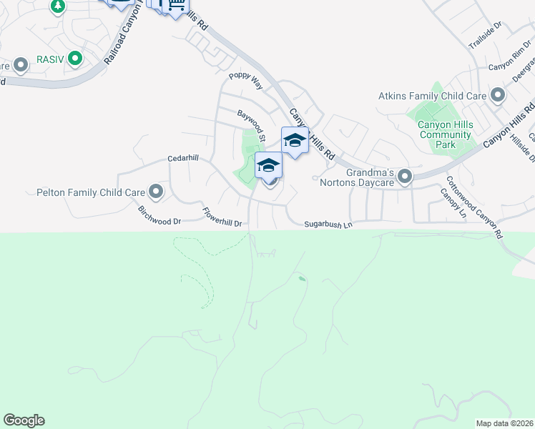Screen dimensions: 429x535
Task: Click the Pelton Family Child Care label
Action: point(89,192)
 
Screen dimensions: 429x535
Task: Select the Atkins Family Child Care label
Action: point(432,96)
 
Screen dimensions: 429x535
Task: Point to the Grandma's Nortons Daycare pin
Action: point(406,176)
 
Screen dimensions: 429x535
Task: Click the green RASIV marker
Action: point(74,59)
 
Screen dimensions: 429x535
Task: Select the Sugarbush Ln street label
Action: point(329,225)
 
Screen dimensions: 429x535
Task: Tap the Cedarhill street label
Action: point(183,158)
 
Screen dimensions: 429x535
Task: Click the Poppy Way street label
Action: point(246,81)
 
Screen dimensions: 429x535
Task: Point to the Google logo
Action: point(24,420)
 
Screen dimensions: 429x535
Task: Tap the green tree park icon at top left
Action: point(58,6)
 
